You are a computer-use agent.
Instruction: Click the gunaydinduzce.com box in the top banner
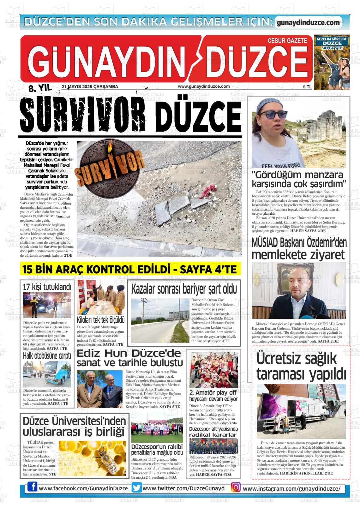[x=308, y=22]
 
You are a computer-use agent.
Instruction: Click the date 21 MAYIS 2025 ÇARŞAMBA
[x=90, y=87]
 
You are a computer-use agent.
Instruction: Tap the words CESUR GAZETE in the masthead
[x=287, y=41]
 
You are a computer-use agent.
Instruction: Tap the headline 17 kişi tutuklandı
[x=47, y=287]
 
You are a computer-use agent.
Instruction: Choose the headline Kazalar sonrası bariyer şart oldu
[x=183, y=289]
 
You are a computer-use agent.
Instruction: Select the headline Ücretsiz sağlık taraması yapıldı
[x=301, y=366]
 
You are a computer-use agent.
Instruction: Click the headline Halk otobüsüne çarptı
[x=47, y=356]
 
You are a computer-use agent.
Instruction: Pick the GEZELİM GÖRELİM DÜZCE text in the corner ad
[x=332, y=41]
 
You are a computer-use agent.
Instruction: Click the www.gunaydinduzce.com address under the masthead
[x=204, y=86]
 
